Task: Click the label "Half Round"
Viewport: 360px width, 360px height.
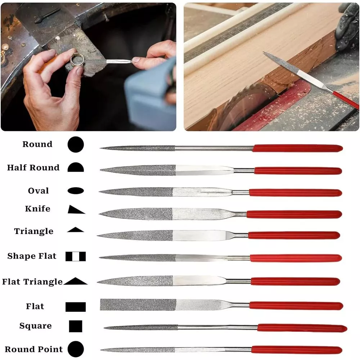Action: point(33,168)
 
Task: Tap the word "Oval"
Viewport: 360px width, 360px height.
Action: point(39,191)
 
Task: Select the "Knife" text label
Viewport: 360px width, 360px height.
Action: point(38,209)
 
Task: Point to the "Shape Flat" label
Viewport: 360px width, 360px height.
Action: point(32,256)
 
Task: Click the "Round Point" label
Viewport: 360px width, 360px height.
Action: point(34,349)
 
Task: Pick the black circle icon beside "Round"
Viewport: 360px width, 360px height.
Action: point(76,144)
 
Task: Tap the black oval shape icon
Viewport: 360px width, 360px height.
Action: point(76,190)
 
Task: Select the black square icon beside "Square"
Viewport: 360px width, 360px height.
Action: point(76,326)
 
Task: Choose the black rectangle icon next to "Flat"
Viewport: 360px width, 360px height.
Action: point(76,307)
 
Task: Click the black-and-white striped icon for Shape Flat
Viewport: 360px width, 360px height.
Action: point(76,256)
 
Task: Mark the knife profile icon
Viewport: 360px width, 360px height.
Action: point(76,210)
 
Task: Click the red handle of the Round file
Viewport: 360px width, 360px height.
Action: point(298,148)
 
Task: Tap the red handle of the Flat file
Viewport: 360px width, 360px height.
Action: point(296,306)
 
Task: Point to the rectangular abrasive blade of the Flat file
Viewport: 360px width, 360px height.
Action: point(138,305)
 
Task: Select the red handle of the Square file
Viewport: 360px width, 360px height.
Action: point(302,328)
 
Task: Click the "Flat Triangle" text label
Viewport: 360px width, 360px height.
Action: point(32,282)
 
